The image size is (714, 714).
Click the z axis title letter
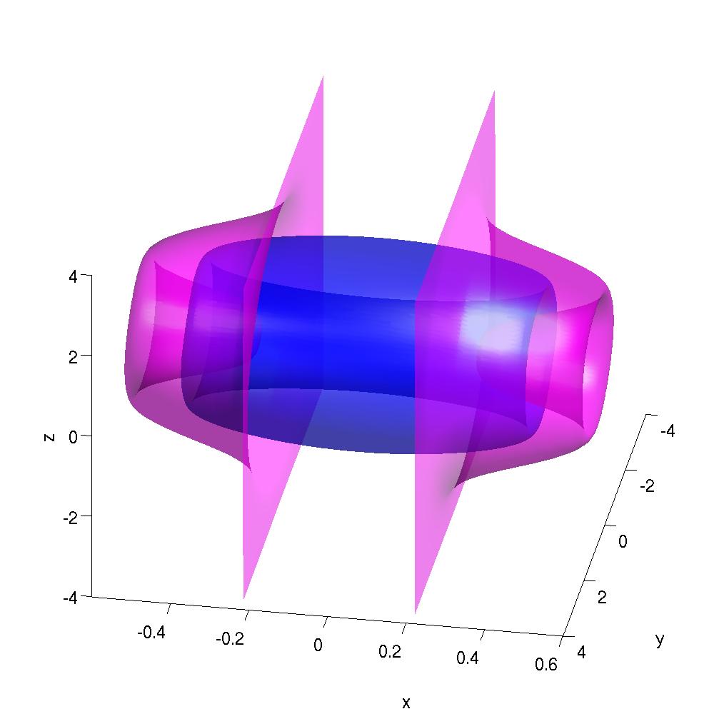point(49,438)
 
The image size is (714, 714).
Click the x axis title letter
point(406,702)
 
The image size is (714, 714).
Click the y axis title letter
point(660,640)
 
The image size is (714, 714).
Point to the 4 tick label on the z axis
point(73,276)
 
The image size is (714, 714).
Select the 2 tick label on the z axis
point(73,357)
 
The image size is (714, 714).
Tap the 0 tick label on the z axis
point(73,437)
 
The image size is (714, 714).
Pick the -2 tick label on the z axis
point(71,518)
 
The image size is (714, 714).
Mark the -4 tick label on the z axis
point(71,598)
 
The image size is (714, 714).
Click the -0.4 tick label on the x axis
point(151,632)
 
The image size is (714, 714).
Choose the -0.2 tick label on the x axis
point(230,639)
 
